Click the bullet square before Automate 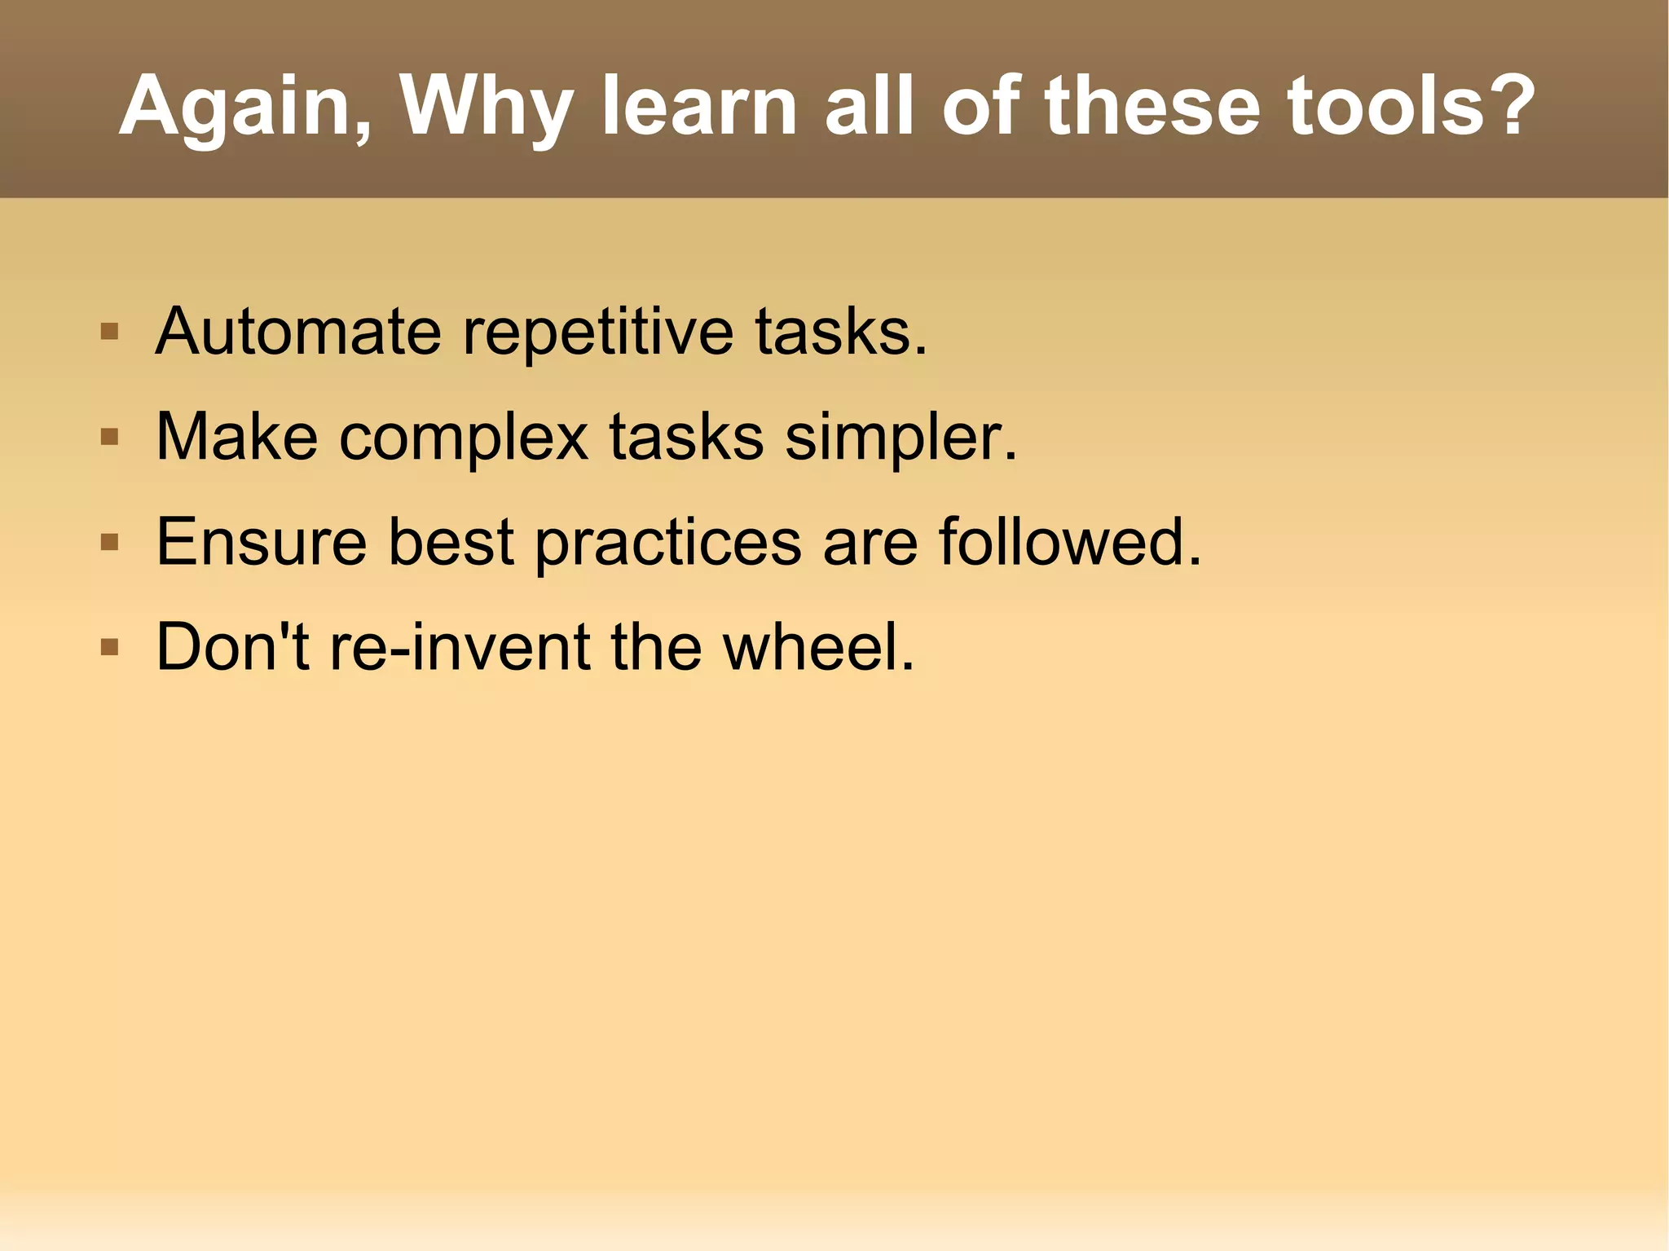coord(109,332)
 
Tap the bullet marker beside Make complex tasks coord(109,438)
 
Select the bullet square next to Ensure coord(109,542)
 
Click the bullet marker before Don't coord(109,647)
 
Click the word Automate coord(298,332)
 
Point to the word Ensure coord(262,542)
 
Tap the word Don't coord(232,647)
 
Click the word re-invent coord(460,647)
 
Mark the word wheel coord(818,647)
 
